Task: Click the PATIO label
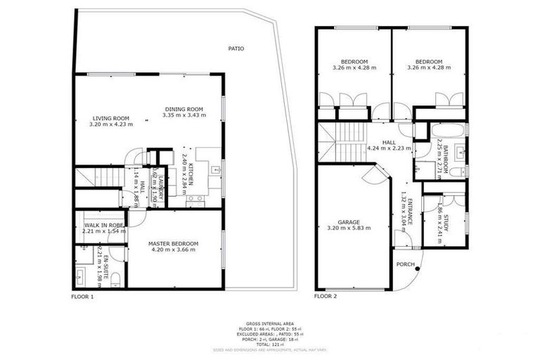(236, 49)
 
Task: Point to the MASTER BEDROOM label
(173, 244)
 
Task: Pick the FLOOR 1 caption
(82, 297)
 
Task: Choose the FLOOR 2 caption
(326, 297)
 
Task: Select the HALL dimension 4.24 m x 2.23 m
(388, 148)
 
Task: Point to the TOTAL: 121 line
(269, 343)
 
